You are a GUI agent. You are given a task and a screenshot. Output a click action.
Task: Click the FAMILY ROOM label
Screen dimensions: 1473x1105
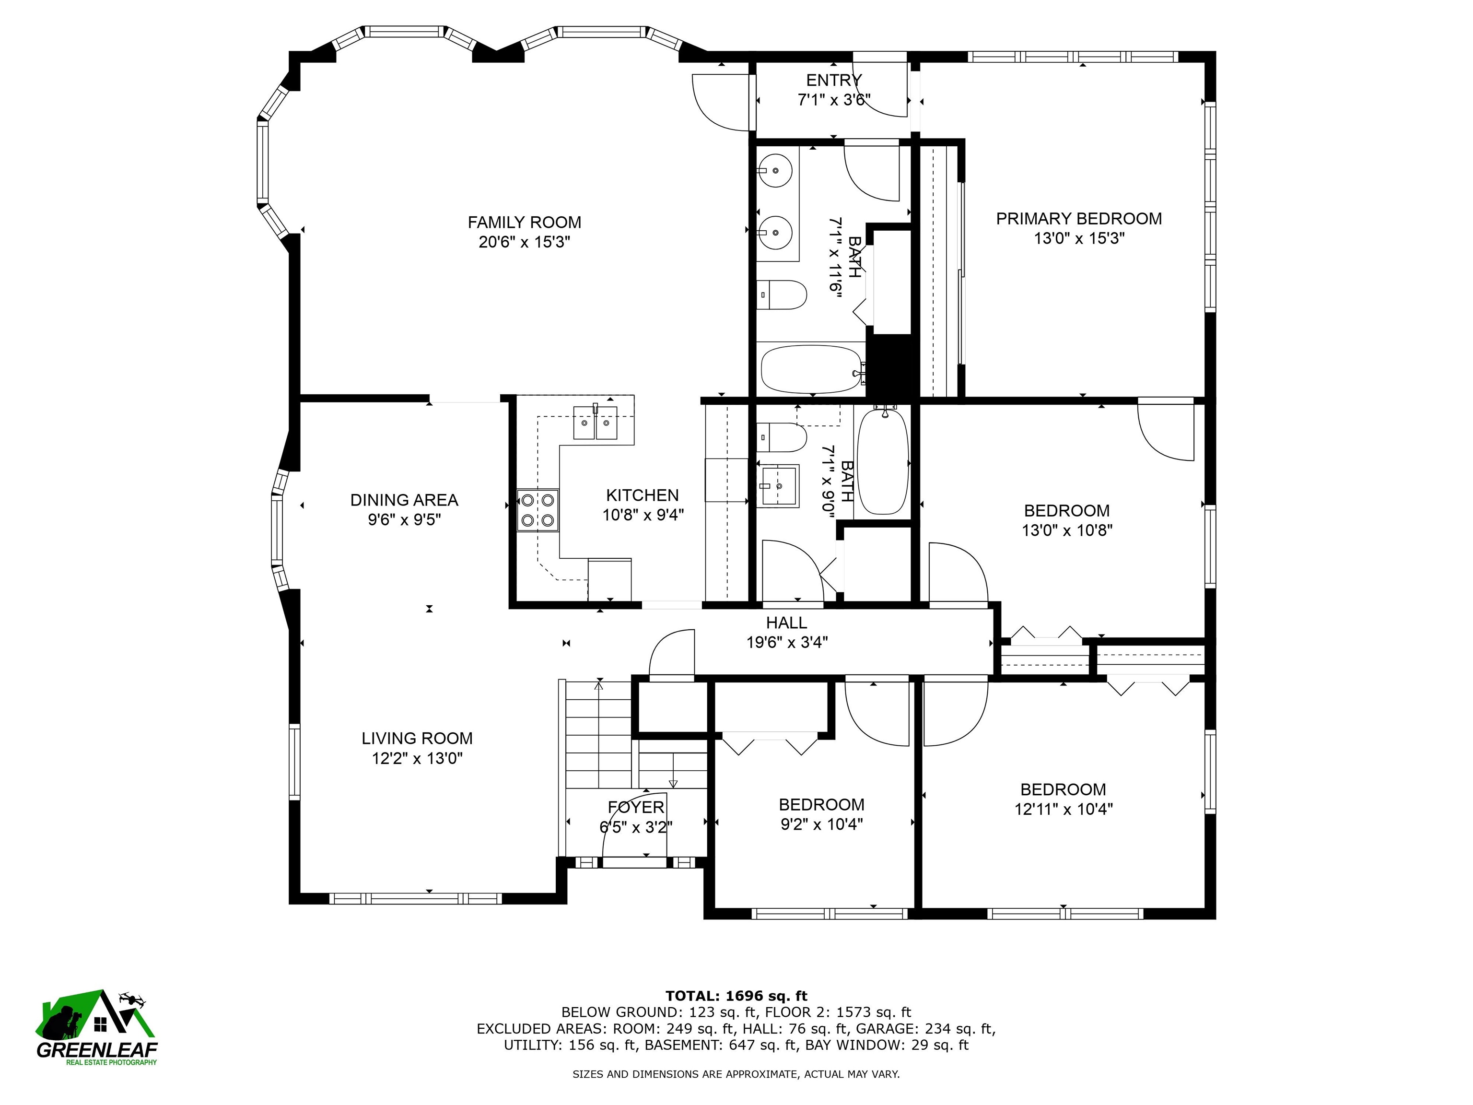pos(524,223)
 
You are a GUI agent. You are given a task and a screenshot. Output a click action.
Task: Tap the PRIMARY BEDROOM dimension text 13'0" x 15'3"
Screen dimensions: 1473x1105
pos(1079,238)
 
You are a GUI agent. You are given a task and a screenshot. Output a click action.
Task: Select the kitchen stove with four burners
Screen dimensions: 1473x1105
pos(538,510)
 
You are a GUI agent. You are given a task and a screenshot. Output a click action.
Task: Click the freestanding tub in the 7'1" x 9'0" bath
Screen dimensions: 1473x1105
pos(882,461)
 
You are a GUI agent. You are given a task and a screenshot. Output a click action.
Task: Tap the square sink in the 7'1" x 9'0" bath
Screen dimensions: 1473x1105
pos(778,486)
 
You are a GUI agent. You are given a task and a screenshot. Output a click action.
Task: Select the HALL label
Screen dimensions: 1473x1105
pos(786,623)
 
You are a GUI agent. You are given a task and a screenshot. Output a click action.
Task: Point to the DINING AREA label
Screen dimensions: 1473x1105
pos(404,500)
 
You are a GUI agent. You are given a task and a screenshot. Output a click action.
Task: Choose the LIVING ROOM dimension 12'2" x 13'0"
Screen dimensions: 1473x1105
pos(417,758)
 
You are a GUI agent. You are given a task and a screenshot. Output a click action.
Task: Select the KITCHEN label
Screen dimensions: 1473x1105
pos(643,495)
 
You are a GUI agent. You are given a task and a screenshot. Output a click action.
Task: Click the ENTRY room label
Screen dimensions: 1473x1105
pos(834,81)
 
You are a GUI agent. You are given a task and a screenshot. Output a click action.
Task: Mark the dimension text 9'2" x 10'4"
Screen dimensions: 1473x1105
pos(822,824)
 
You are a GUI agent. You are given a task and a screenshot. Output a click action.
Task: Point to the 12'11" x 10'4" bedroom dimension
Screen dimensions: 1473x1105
pos(1064,809)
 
